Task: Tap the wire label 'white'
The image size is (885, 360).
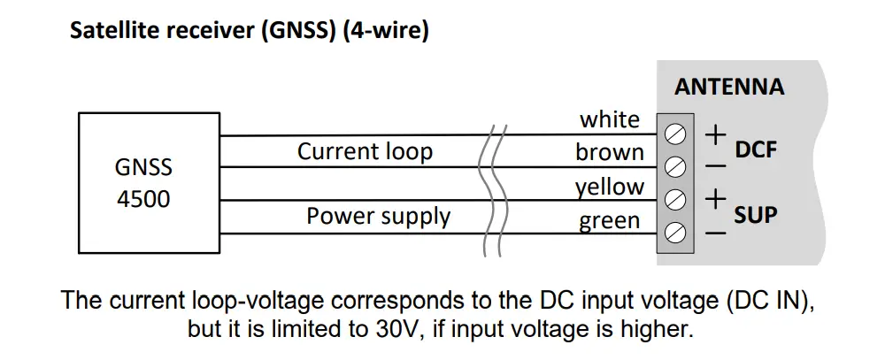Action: coord(609,119)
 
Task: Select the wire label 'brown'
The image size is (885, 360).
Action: coord(610,152)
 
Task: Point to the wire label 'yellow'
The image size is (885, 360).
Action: coord(610,187)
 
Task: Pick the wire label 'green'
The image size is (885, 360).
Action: coord(609,221)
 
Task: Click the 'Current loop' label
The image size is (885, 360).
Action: coord(365,151)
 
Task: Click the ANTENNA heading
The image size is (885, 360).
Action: coord(728,87)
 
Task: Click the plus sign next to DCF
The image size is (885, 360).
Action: coord(715,134)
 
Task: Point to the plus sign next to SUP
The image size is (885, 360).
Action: coord(715,200)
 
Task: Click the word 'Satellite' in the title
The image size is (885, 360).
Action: coord(112,33)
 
